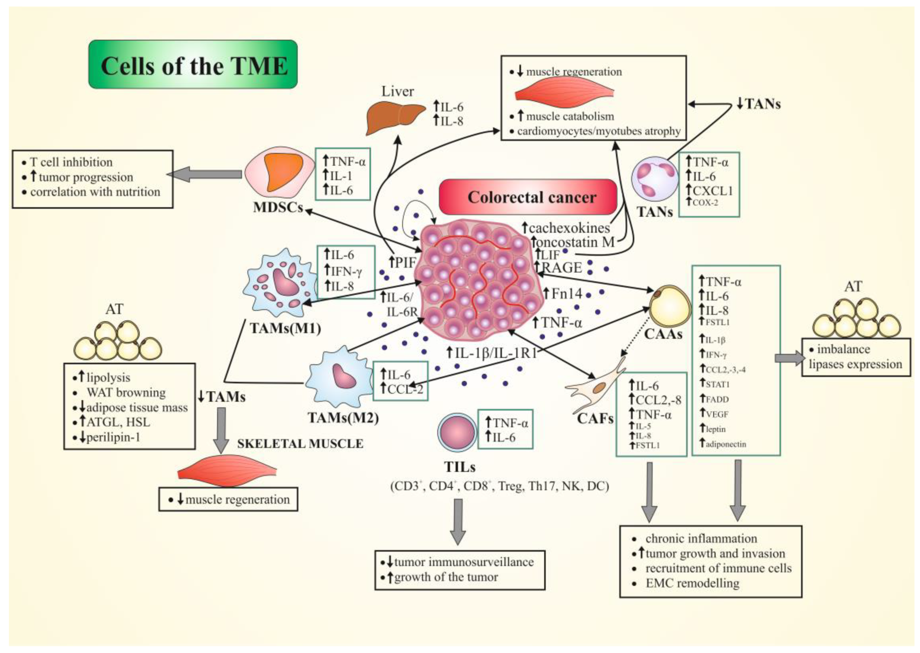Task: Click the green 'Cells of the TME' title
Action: tap(193, 65)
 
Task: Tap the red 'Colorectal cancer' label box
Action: tap(528, 197)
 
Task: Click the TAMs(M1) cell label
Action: tap(285, 328)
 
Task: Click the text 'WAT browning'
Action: tap(126, 392)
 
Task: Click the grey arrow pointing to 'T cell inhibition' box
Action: tap(205, 174)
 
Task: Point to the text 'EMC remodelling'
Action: tap(692, 583)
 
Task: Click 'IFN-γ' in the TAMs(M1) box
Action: tap(346, 272)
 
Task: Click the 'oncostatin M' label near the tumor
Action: tap(576, 242)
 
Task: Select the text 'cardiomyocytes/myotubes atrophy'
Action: tap(599, 131)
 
